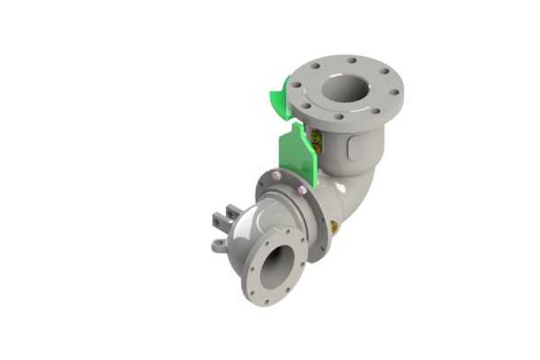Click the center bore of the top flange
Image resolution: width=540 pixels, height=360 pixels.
click(x=344, y=88)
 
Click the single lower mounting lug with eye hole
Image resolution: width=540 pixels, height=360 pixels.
click(x=219, y=244)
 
